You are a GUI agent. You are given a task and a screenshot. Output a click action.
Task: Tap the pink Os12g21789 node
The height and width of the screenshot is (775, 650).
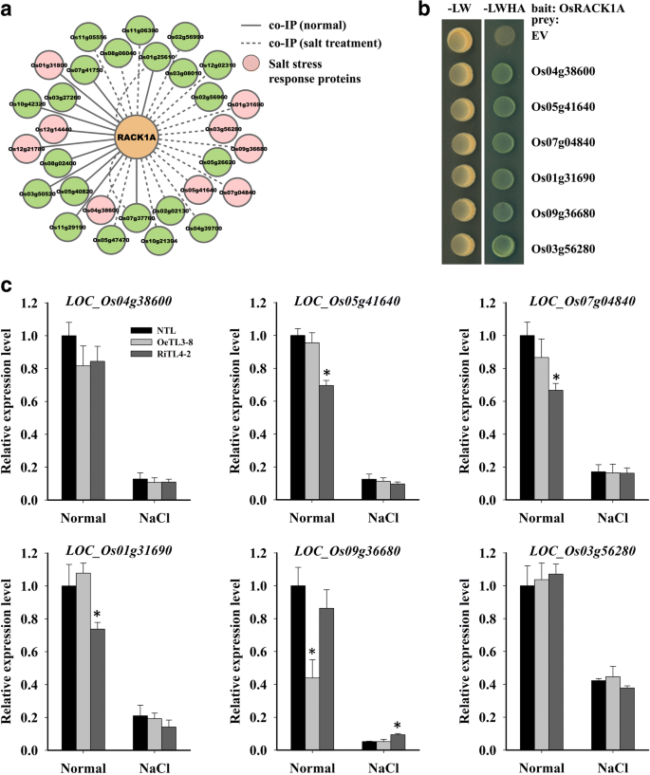coord(29,149)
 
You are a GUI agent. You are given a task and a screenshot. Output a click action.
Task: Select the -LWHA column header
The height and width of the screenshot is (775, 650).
coord(503,12)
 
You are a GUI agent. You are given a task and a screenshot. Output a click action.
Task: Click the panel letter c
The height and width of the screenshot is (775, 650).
coord(7,284)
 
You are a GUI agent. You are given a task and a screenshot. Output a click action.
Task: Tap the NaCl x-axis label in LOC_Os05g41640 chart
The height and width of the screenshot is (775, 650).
coord(383,520)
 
